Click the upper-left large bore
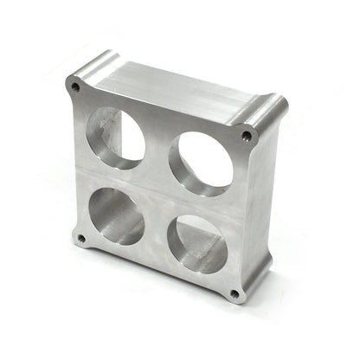(x=115, y=135)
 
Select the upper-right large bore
(x=201, y=161)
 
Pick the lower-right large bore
(x=196, y=242)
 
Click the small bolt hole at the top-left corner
(x=75, y=87)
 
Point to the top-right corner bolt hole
(x=247, y=136)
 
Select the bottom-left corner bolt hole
(x=81, y=238)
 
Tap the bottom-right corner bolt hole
(x=235, y=293)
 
